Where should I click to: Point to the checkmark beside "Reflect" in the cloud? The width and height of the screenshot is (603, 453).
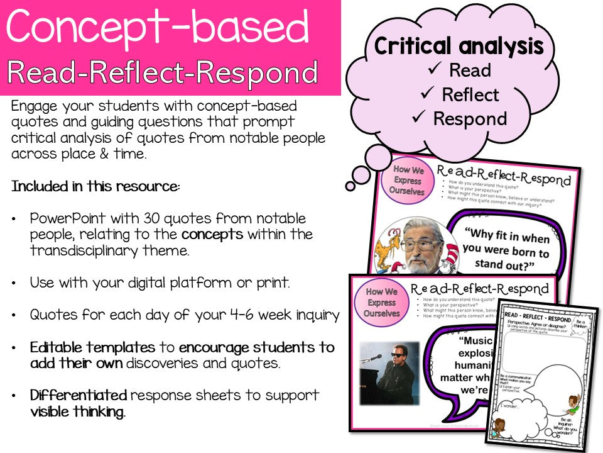(x=428, y=95)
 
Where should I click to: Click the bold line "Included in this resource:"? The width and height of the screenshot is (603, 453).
(x=96, y=187)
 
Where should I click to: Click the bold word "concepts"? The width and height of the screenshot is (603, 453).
(x=212, y=234)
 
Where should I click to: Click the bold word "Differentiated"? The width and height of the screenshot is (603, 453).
(x=79, y=396)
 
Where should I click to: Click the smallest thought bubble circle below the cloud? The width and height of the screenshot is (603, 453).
(x=350, y=186)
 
